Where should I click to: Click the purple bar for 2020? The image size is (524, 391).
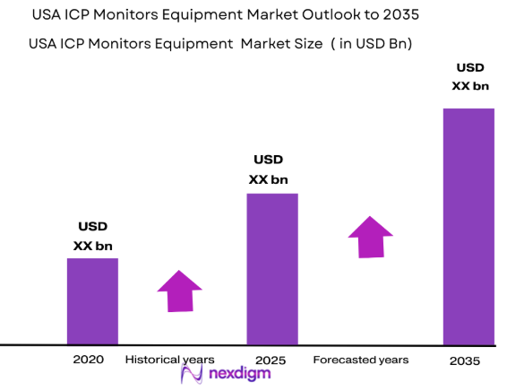92,301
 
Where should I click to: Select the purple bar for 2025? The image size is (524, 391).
272,269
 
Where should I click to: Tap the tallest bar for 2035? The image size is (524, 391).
468,226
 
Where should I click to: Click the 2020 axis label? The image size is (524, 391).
88,359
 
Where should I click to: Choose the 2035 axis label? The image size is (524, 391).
464,361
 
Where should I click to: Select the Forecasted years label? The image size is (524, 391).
360,360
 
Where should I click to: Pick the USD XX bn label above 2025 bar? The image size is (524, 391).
268,169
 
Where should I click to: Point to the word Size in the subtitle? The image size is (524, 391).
299,43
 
